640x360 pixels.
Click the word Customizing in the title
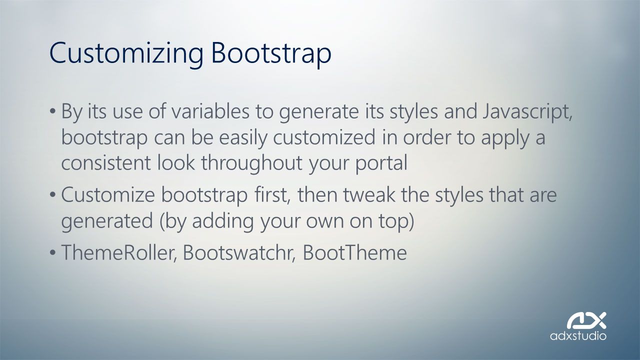point(126,53)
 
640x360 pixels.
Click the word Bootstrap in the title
point(271,53)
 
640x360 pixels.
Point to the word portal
point(381,163)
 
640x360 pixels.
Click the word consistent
point(106,163)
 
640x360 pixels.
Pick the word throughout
point(251,163)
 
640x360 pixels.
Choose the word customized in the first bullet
point(324,137)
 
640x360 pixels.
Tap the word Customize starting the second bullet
point(108,195)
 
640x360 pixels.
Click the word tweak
point(368,194)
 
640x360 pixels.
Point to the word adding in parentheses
point(223,221)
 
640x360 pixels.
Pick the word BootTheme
point(354,252)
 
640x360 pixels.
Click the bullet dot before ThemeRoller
point(52,253)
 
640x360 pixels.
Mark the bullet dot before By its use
point(52,111)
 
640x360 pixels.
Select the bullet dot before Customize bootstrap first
point(52,195)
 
